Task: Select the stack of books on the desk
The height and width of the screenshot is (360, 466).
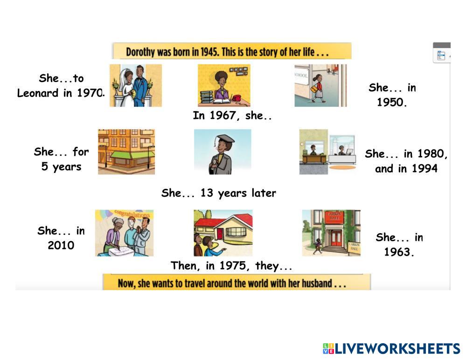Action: pyautogui.click(x=207, y=97)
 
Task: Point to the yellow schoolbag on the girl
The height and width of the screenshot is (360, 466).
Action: pyautogui.click(x=314, y=89)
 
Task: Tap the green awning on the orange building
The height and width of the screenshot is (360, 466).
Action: pyautogui.click(x=132, y=154)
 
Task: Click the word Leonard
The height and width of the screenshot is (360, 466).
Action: pyautogui.click(x=37, y=93)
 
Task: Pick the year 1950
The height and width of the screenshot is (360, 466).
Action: pyautogui.click(x=391, y=103)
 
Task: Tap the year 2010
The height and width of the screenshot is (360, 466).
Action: pyautogui.click(x=61, y=245)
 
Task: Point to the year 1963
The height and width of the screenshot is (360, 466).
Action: pyautogui.click(x=398, y=252)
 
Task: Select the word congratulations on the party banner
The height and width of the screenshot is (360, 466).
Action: pyautogui.click(x=132, y=214)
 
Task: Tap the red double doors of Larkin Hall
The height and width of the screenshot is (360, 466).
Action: pyautogui.click(x=336, y=238)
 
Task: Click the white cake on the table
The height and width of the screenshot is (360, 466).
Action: pyautogui.click(x=121, y=252)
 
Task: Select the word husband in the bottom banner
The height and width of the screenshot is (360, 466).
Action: pyautogui.click(x=317, y=284)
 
